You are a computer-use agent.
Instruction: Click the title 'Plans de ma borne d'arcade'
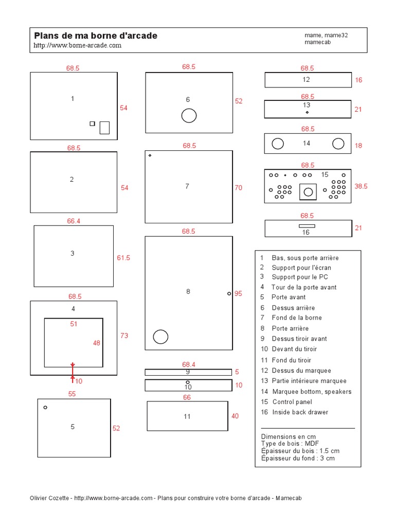click(96, 36)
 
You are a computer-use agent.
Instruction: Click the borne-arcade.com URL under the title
click(78, 45)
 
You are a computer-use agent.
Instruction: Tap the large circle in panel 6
click(189, 116)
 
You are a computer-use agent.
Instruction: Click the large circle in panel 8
click(161, 337)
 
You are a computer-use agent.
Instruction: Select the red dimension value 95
click(238, 293)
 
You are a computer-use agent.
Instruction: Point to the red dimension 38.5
click(361, 186)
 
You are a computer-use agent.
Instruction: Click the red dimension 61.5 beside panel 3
click(123, 258)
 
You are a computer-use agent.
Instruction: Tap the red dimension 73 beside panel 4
click(124, 336)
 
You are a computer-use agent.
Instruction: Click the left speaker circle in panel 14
click(278, 144)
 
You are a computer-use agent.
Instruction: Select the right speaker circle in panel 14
click(338, 144)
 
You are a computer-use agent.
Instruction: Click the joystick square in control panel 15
click(308, 192)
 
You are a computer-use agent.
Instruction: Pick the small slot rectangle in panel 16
click(307, 225)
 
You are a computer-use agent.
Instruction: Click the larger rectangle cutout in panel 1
click(104, 127)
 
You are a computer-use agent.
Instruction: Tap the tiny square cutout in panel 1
click(92, 124)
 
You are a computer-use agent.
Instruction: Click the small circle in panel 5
click(45, 408)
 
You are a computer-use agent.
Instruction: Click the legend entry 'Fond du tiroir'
click(291, 360)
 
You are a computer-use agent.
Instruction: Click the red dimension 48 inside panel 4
click(97, 343)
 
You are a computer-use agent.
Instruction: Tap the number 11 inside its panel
click(187, 416)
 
